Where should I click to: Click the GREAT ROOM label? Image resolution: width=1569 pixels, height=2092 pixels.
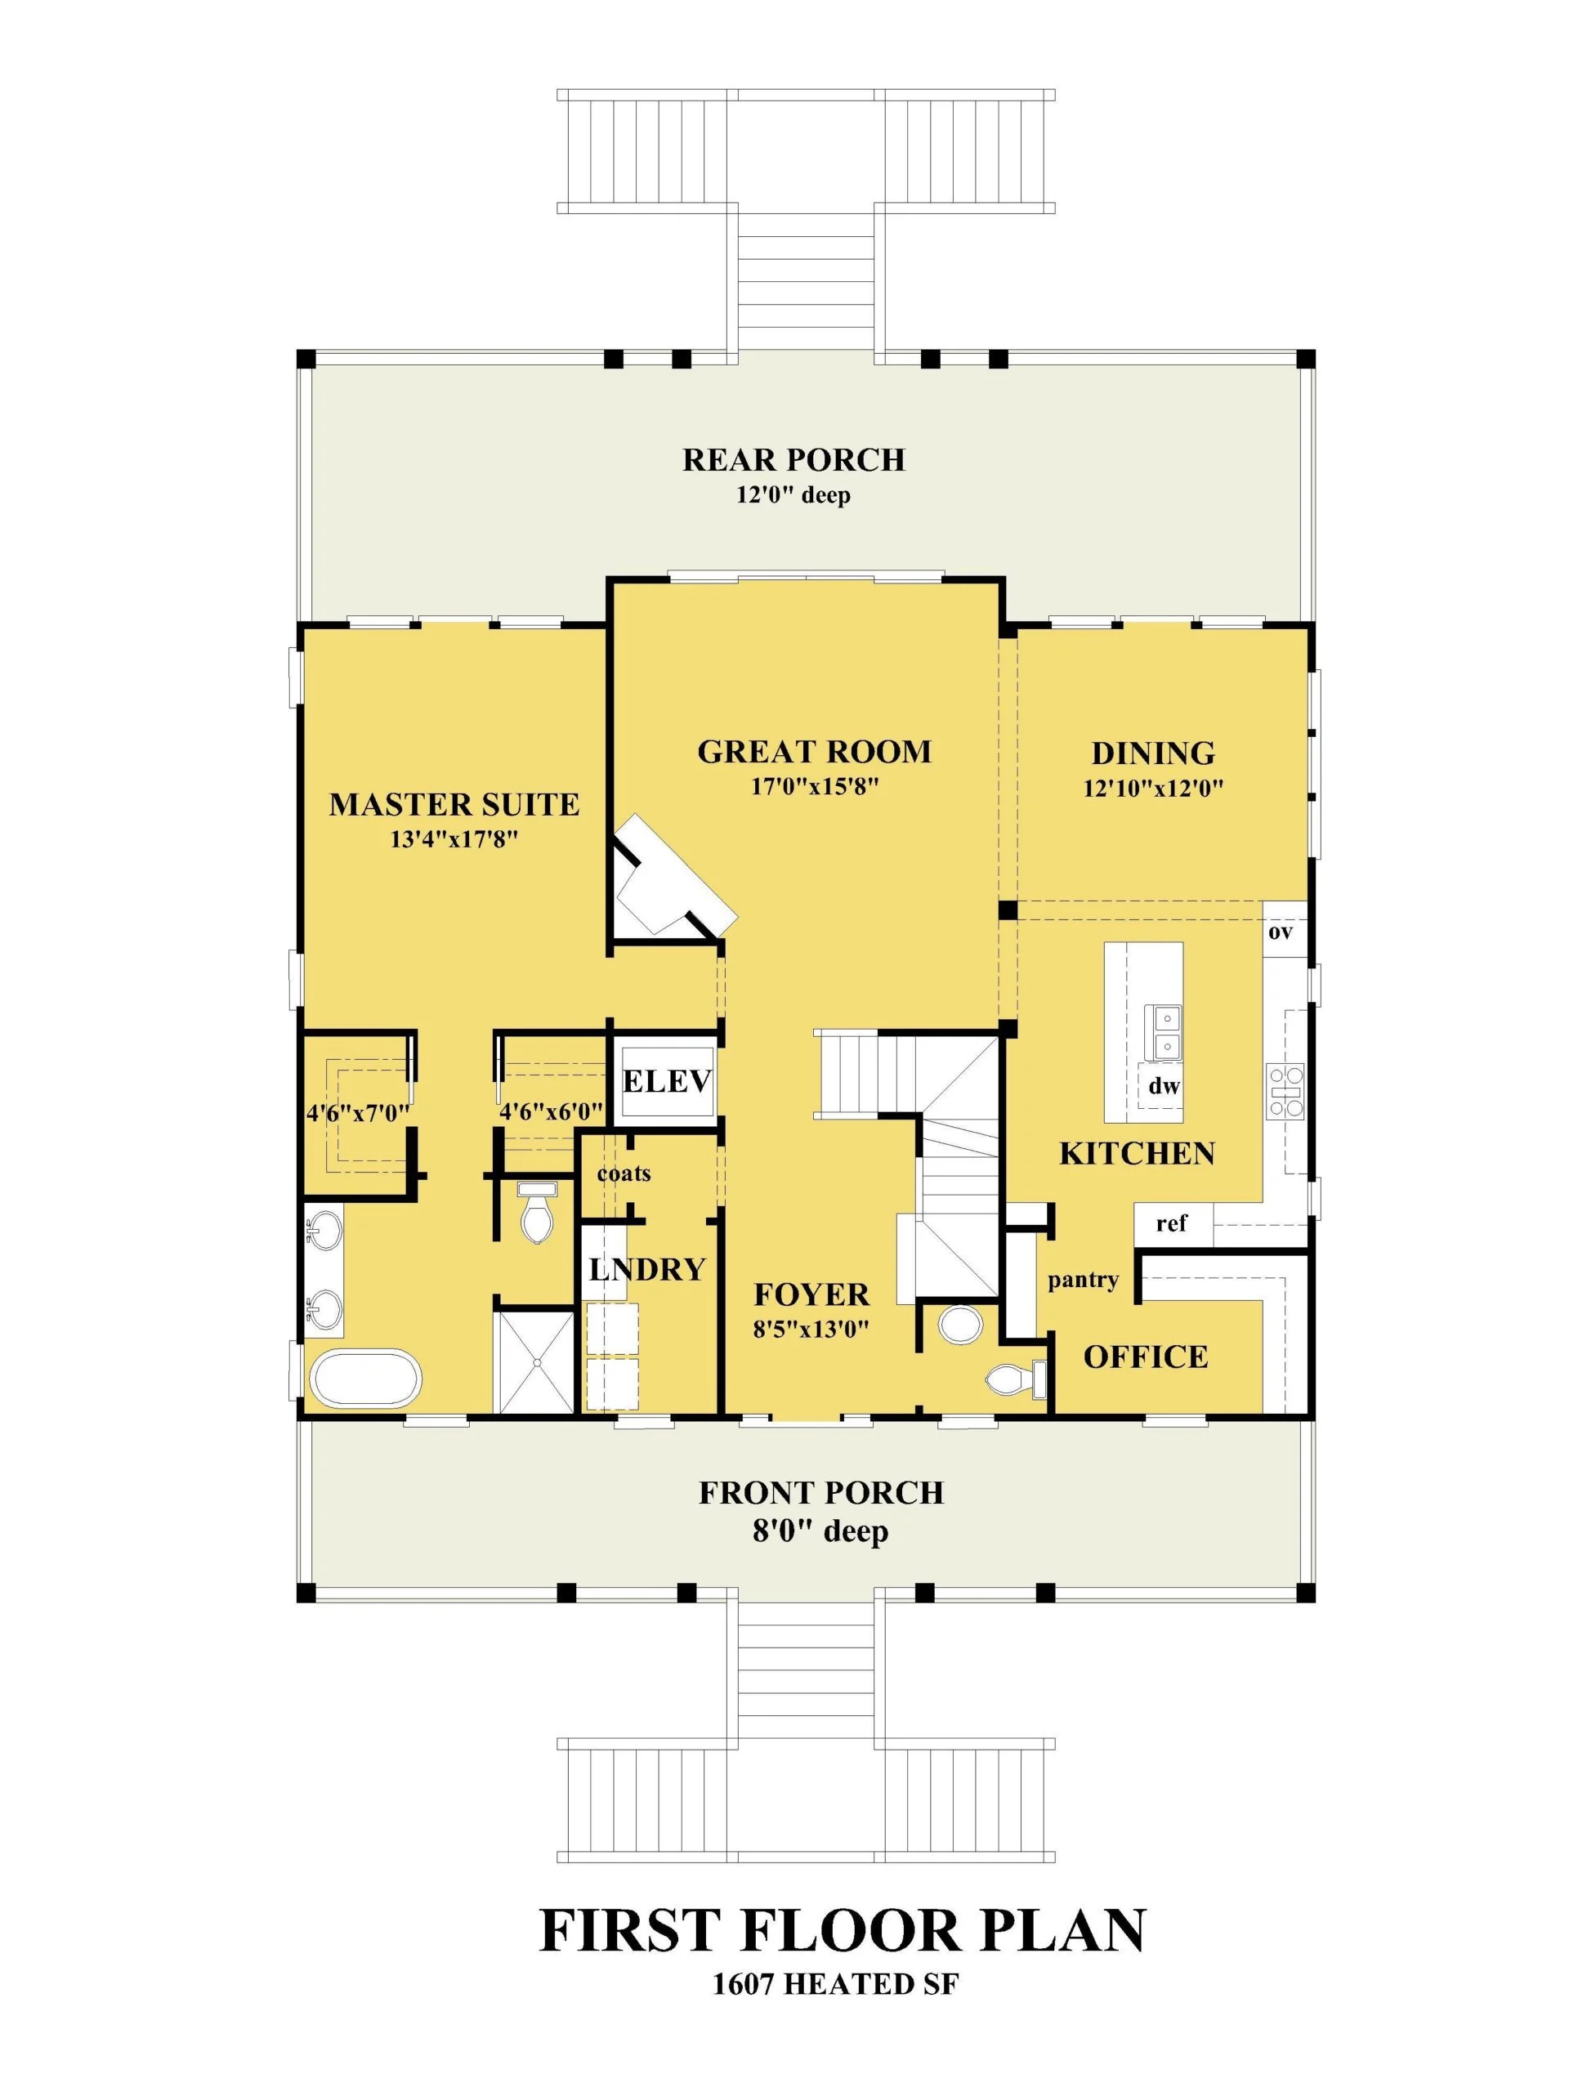tap(813, 752)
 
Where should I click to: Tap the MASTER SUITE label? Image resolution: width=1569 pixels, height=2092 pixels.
tap(454, 805)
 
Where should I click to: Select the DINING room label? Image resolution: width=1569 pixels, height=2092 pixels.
tap(1153, 753)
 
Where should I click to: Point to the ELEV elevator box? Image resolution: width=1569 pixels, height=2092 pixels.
tap(667, 1081)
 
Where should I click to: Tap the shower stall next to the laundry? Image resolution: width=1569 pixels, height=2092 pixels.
tap(534, 1360)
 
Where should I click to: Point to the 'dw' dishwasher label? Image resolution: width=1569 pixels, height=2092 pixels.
tap(1164, 1087)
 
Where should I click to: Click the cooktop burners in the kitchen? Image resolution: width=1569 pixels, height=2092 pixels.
tap(1285, 1092)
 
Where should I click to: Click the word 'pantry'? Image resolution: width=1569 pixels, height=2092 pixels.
tap(1083, 1281)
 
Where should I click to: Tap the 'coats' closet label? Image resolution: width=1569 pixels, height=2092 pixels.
tap(624, 1173)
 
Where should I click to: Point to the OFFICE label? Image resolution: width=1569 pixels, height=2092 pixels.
tap(1146, 1357)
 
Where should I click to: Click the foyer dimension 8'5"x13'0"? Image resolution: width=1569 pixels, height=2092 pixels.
tap(811, 1330)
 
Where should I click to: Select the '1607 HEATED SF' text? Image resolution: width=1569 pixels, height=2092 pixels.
tap(835, 1983)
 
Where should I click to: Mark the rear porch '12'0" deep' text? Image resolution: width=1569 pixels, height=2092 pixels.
tap(793, 494)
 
